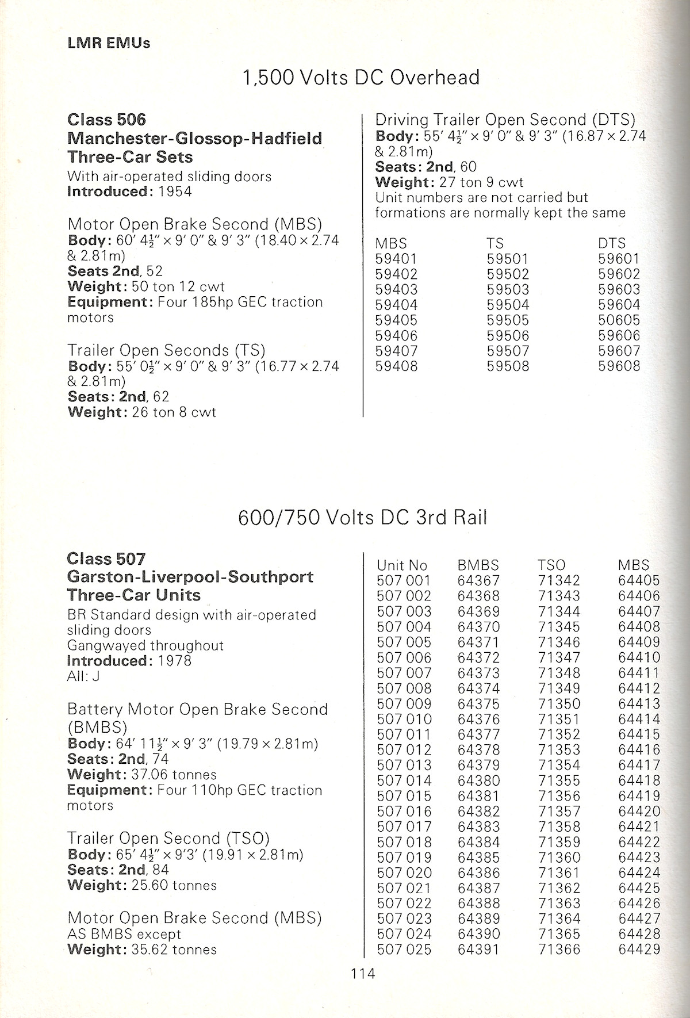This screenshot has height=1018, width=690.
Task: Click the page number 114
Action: tap(363, 973)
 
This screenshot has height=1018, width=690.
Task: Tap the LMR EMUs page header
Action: tap(109, 43)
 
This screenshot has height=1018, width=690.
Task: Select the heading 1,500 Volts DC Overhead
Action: tap(361, 77)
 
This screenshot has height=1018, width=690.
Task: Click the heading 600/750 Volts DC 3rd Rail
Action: tap(362, 518)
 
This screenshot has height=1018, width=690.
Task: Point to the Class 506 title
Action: tap(107, 120)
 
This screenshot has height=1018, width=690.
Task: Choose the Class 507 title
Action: tap(106, 558)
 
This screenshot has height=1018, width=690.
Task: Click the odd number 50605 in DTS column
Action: tap(619, 320)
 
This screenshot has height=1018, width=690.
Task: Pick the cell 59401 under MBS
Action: tap(396, 259)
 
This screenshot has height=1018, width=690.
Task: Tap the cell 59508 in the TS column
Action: tap(508, 366)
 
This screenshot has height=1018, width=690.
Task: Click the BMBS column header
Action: tap(478, 565)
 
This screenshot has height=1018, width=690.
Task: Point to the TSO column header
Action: tap(552, 565)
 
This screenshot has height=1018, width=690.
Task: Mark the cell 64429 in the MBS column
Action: tap(639, 950)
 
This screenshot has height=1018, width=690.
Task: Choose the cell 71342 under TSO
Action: tap(559, 581)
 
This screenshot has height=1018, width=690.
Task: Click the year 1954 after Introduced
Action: tap(174, 192)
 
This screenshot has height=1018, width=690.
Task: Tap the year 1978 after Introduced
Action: tap(174, 661)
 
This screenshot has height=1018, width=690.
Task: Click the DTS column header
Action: tap(612, 243)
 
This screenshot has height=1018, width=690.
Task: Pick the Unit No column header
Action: tap(402, 565)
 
